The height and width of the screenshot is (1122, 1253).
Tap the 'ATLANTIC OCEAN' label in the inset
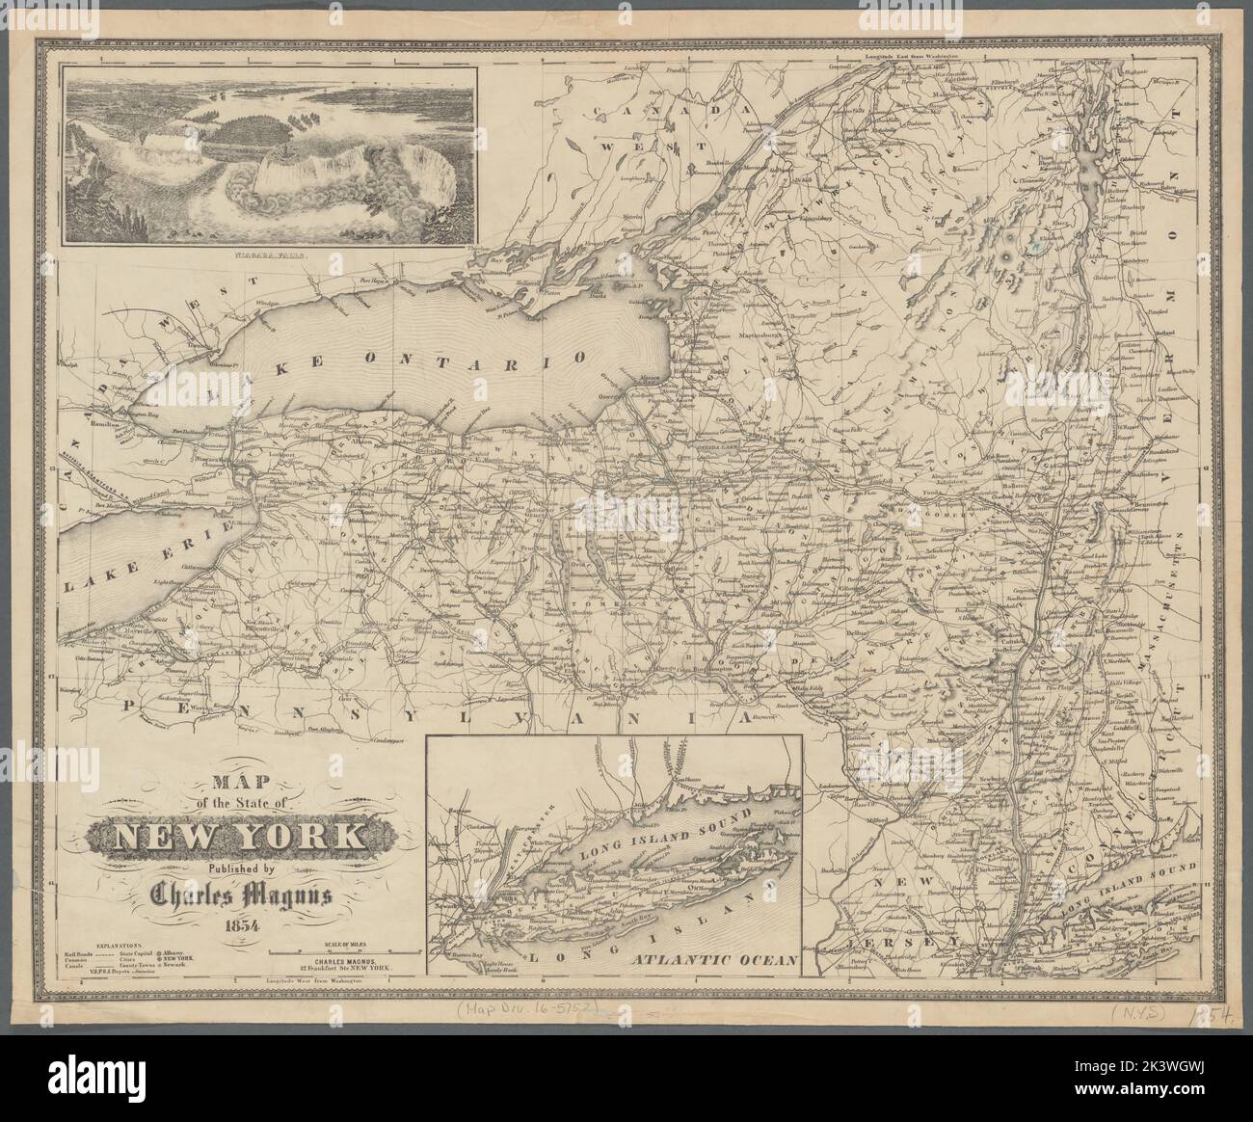[714, 960]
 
